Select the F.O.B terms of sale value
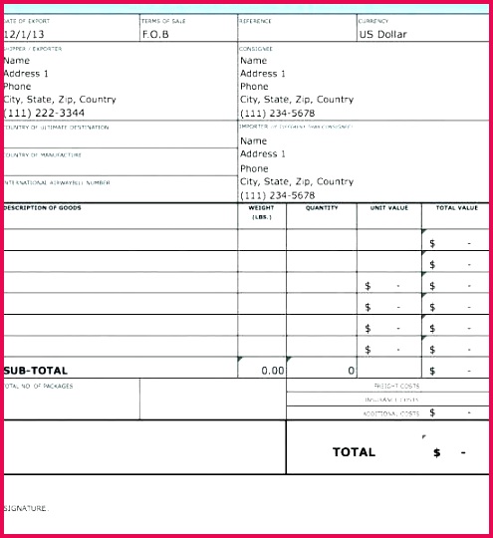(156, 34)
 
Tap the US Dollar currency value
(383, 34)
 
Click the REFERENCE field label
(255, 21)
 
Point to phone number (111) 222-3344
(44, 114)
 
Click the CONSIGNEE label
(256, 48)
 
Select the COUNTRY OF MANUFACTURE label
(43, 155)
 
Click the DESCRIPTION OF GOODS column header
(43, 208)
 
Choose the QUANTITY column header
(322, 208)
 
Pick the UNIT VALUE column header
(389, 208)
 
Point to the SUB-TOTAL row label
(36, 371)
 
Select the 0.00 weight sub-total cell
(272, 371)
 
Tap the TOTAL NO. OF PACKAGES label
(39, 386)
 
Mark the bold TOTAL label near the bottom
(354, 452)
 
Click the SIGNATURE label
(26, 508)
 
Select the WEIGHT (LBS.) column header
(262, 212)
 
